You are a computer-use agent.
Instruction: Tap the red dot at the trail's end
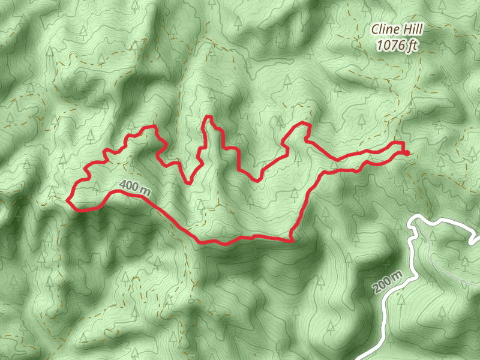pyautogui.click(x=407, y=153)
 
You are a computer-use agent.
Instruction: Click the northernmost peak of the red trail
pyautogui.click(x=208, y=116)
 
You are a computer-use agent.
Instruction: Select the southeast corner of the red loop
pyautogui.click(x=292, y=241)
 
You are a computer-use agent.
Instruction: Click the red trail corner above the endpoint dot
pyautogui.click(x=401, y=143)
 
